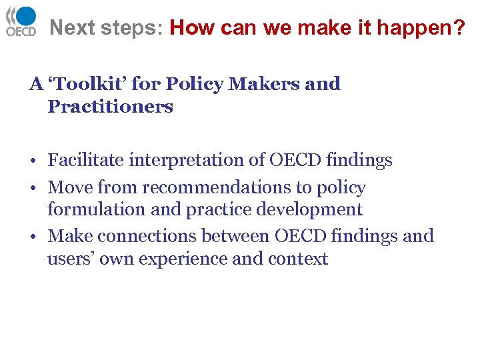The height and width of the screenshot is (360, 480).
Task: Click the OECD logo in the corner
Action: pos(21,21)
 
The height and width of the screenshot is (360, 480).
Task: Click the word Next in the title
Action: pos(70,28)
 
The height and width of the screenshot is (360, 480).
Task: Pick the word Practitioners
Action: pos(110,107)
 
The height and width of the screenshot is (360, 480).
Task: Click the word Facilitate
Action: pos(85,161)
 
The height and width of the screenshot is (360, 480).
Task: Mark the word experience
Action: pos(179,259)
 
